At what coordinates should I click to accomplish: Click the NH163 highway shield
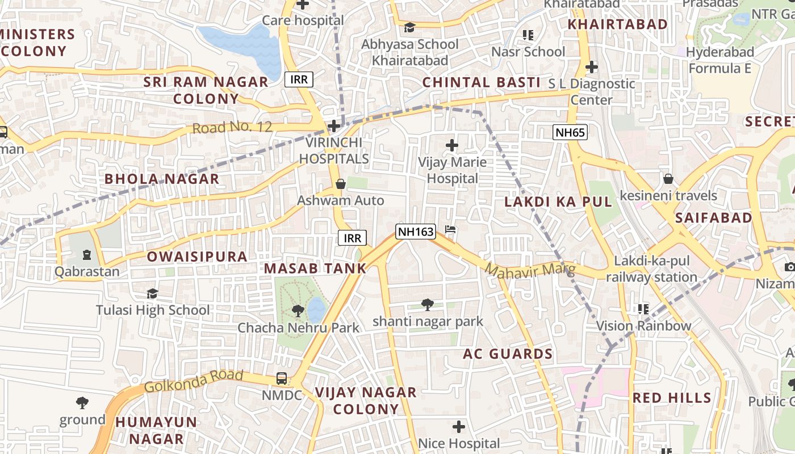click(416, 232)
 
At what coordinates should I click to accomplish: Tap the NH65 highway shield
click(570, 133)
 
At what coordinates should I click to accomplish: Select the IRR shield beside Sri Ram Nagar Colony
click(299, 79)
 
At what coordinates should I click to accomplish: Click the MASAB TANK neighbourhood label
click(316, 268)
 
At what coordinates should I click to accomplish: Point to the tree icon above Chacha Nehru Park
click(298, 310)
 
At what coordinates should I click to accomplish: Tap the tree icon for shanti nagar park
click(428, 305)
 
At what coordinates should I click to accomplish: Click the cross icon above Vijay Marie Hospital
click(452, 146)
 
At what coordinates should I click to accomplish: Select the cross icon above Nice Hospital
click(459, 426)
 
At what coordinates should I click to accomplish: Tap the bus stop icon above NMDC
click(281, 378)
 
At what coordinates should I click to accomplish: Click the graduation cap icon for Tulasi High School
click(152, 293)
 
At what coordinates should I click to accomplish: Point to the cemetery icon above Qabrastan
click(86, 255)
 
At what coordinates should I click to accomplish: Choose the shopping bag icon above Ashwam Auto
click(341, 184)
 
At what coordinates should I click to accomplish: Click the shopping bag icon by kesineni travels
click(668, 179)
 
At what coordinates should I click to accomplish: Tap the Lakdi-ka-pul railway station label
click(651, 269)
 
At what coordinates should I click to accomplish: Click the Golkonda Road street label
click(194, 381)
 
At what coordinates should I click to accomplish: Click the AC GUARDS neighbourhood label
click(508, 354)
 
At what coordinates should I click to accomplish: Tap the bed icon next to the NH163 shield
click(450, 230)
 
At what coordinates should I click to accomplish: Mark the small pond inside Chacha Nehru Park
click(317, 310)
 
